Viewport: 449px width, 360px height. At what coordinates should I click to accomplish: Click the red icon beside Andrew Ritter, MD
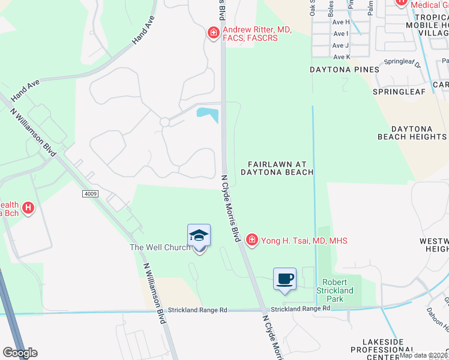click(212, 32)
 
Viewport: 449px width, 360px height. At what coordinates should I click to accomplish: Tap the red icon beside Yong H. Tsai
click(252, 241)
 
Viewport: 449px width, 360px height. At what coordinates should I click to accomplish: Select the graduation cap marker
click(199, 236)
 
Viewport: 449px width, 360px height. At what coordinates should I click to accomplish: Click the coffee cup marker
click(285, 279)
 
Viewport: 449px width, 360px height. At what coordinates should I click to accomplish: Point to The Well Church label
click(160, 247)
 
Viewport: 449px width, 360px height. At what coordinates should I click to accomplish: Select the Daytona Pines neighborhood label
click(344, 70)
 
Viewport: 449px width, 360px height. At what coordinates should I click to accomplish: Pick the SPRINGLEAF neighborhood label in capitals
click(399, 91)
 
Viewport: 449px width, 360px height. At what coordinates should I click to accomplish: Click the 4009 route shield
click(91, 194)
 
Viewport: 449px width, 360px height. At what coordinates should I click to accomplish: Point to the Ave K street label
click(341, 57)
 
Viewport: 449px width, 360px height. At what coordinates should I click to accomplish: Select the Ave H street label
click(341, 22)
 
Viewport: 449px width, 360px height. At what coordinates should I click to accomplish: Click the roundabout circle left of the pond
click(164, 122)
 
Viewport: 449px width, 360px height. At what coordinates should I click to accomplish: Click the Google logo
click(19, 353)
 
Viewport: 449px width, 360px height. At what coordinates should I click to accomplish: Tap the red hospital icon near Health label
click(28, 209)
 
